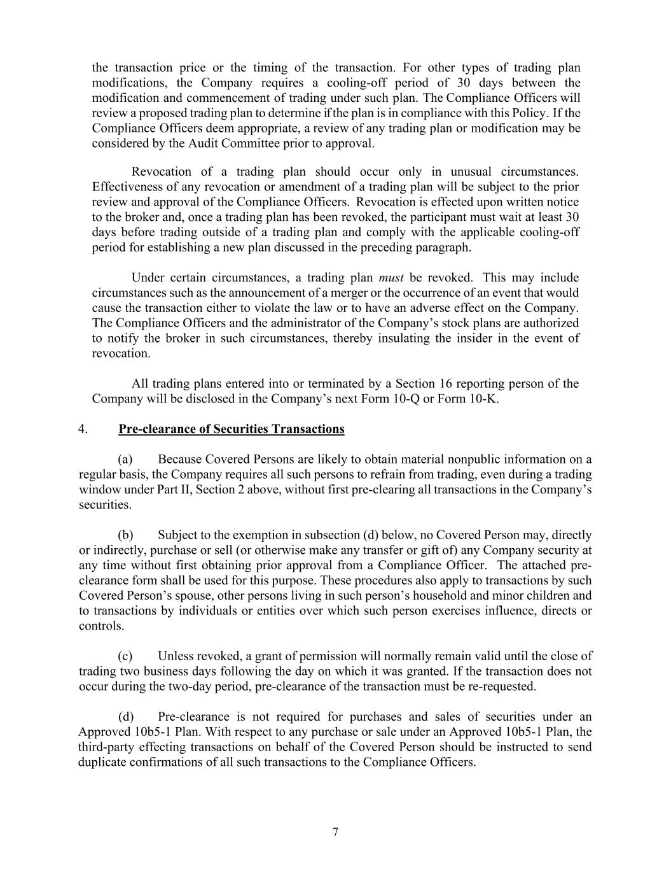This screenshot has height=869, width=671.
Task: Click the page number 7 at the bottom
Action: [335, 832]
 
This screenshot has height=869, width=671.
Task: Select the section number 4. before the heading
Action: [83, 429]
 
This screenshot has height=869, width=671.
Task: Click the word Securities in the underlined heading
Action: [239, 429]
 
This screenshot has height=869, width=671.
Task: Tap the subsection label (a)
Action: [125, 460]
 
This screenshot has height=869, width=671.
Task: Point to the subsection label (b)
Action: [125, 535]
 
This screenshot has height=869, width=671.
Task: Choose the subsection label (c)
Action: [125, 656]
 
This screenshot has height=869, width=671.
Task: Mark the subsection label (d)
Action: [125, 717]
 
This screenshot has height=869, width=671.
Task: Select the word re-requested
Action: [502, 687]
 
